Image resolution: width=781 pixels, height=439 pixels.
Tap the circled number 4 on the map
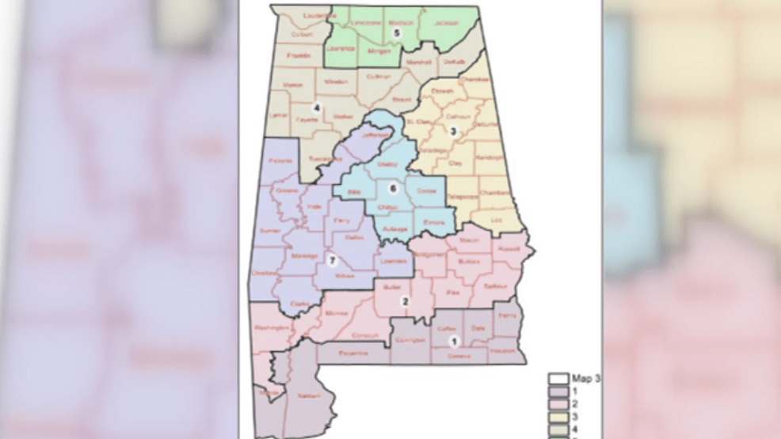[x=317, y=108]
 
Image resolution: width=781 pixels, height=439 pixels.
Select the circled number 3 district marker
[x=454, y=131]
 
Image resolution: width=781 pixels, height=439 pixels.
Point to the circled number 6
[x=393, y=188]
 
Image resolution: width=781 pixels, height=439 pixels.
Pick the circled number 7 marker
[x=332, y=262]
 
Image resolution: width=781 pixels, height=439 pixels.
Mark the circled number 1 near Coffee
[x=454, y=342]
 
